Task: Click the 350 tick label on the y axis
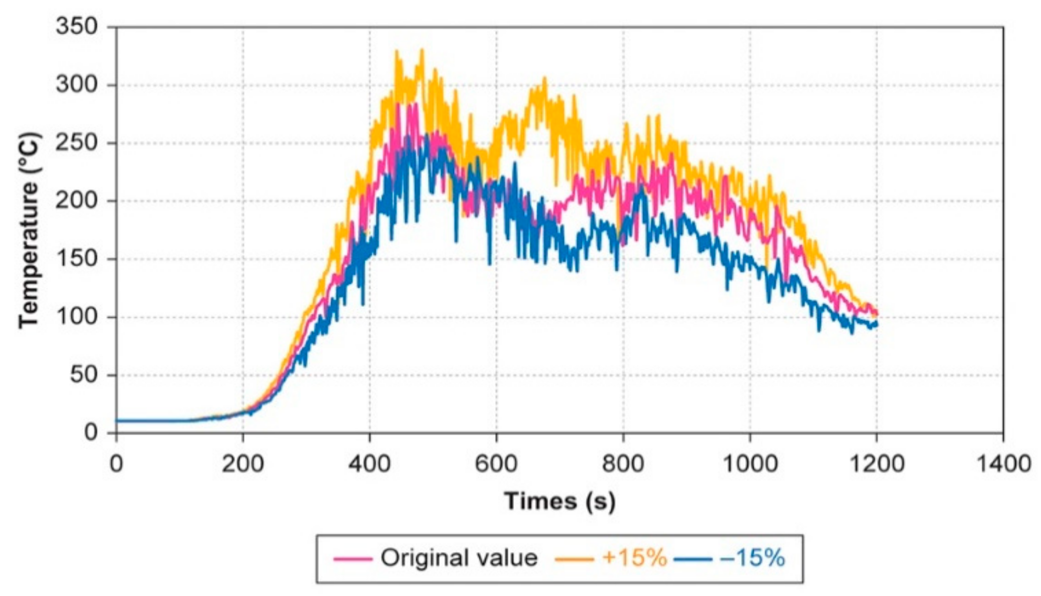[x=77, y=28]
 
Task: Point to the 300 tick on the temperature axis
[x=77, y=86]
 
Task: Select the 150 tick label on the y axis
[x=77, y=259]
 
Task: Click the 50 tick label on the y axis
[x=84, y=375]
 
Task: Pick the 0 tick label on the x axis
[x=116, y=465]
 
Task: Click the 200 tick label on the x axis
[x=243, y=465]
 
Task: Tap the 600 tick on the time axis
[x=496, y=465]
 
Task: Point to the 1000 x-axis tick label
[x=750, y=465]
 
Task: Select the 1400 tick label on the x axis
[x=1003, y=465]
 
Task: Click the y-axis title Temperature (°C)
[x=29, y=230]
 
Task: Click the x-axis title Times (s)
[x=560, y=501]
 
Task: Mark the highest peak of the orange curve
[x=422, y=50]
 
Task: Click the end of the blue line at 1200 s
[x=876, y=325]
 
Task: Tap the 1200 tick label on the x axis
[x=876, y=465]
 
